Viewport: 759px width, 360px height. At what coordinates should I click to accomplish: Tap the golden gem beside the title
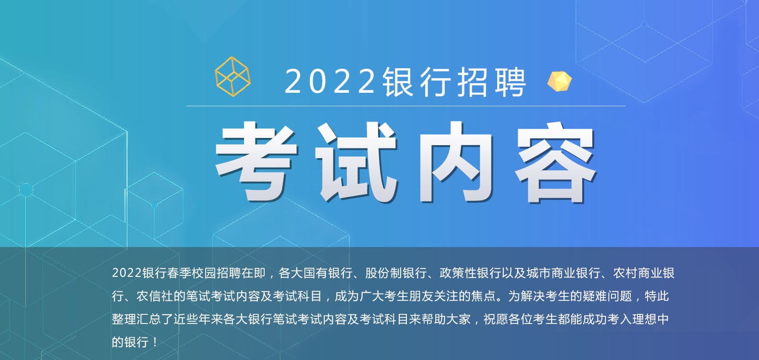click(560, 81)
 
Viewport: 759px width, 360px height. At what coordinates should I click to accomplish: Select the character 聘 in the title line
click(511, 82)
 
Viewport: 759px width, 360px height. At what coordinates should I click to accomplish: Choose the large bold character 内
click(456, 162)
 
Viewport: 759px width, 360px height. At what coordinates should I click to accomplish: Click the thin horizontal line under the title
click(405, 106)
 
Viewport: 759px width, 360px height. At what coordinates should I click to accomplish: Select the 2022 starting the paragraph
click(126, 273)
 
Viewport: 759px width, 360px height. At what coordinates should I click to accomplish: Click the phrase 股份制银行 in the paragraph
click(396, 273)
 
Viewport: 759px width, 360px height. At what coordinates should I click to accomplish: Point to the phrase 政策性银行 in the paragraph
click(470, 273)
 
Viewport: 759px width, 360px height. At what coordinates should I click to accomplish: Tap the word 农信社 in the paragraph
click(155, 296)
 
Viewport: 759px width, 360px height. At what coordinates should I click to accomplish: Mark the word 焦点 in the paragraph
click(484, 296)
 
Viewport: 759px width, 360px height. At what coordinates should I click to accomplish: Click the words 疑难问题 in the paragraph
click(608, 296)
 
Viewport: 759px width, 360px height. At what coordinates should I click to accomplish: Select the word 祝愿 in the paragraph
click(496, 319)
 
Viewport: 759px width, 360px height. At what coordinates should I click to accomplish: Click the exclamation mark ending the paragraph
click(155, 342)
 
